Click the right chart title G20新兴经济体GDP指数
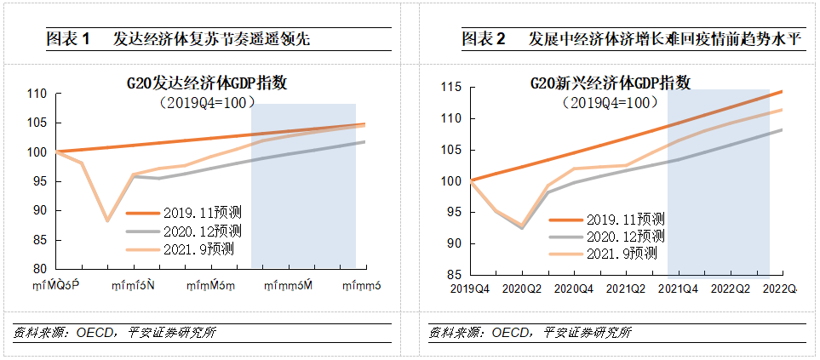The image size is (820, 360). click(x=610, y=83)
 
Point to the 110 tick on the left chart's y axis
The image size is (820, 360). click(x=37, y=94)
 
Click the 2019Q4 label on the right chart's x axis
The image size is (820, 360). click(x=470, y=289)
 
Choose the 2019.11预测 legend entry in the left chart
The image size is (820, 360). click(x=183, y=214)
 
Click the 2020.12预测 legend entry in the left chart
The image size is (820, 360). click(x=183, y=231)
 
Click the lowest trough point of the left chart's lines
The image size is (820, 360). click(x=107, y=220)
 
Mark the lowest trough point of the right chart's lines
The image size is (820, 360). click(x=522, y=227)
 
